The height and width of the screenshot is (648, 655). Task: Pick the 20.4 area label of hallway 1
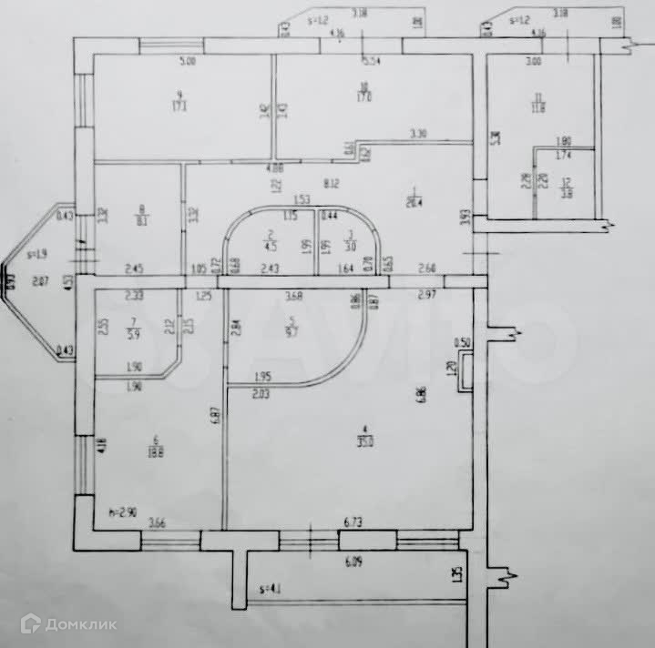(414, 204)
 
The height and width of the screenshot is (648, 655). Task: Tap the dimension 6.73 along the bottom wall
(353, 522)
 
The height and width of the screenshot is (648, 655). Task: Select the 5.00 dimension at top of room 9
(188, 62)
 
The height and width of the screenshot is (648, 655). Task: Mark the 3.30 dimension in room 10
(418, 135)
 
